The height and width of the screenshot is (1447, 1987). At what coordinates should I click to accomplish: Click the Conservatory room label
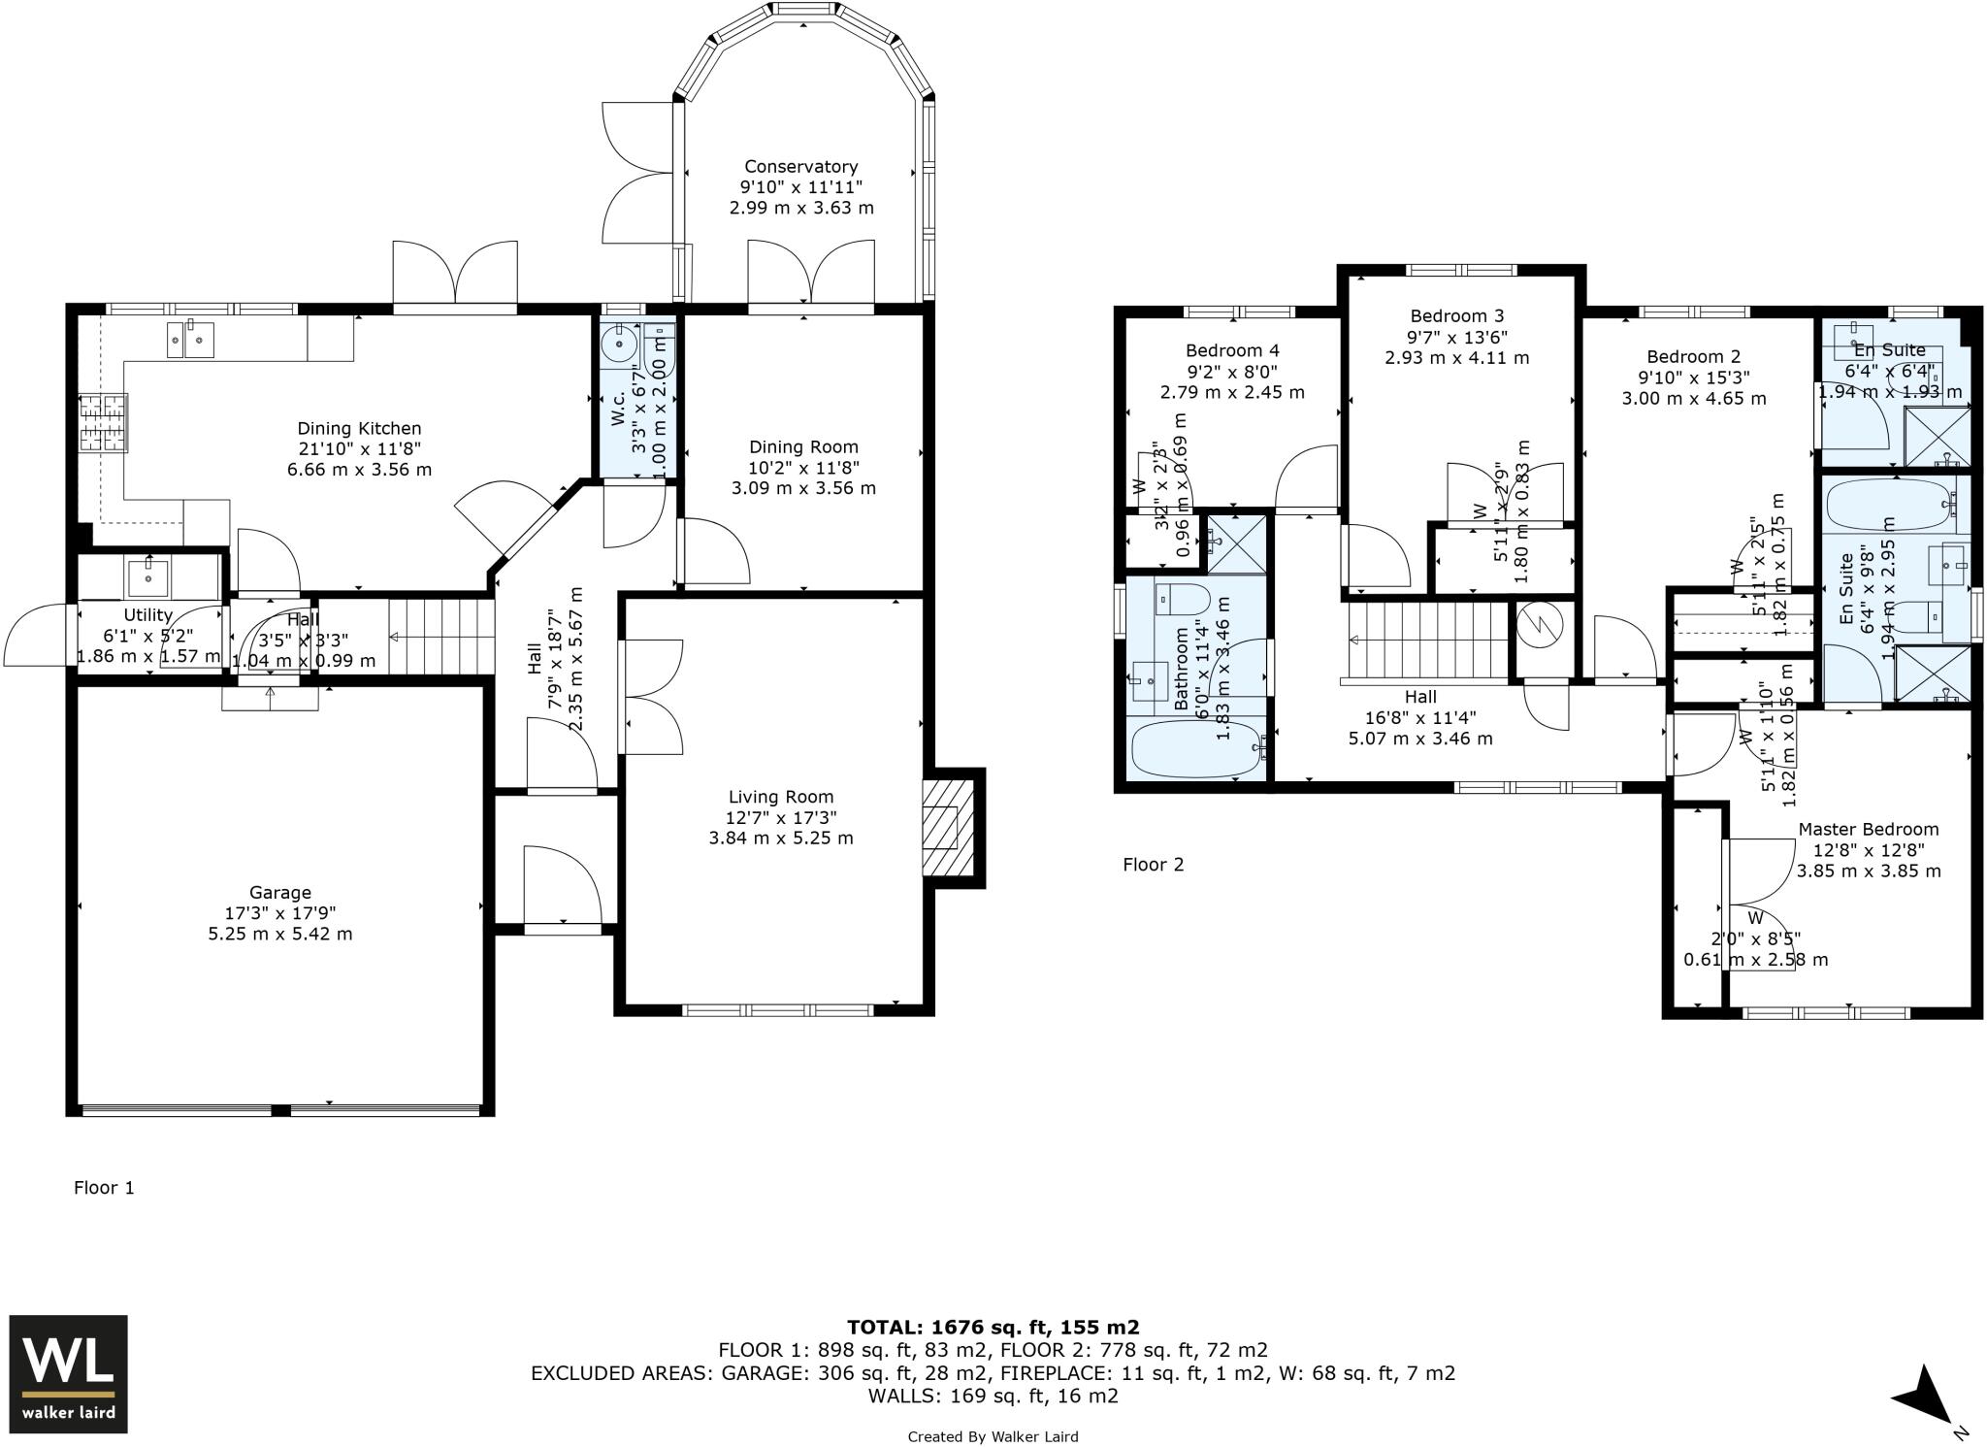pos(800,167)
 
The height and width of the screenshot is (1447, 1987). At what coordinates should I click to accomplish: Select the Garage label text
pos(280,892)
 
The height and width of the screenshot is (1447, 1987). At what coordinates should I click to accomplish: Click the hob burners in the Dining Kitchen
pos(103,422)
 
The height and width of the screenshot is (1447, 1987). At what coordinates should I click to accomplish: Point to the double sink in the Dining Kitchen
pos(190,339)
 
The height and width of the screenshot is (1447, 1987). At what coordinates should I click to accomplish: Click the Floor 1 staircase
pos(441,636)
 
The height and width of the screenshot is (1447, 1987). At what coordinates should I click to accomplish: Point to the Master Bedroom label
pos(1868,829)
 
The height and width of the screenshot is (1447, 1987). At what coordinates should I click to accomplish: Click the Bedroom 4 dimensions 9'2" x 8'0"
pos(1231,371)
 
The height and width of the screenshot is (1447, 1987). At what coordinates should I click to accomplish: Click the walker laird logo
pos(68,1373)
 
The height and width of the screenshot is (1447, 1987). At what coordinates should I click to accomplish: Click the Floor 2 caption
pos(1153,864)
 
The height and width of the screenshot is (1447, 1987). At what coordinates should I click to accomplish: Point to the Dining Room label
pos(803,446)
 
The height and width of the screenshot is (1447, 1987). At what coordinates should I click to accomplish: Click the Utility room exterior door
pos(39,636)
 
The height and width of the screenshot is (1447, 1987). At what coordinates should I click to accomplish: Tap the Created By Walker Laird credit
pos(993,1436)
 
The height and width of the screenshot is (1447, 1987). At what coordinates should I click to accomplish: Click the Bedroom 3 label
pos(1456,315)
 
